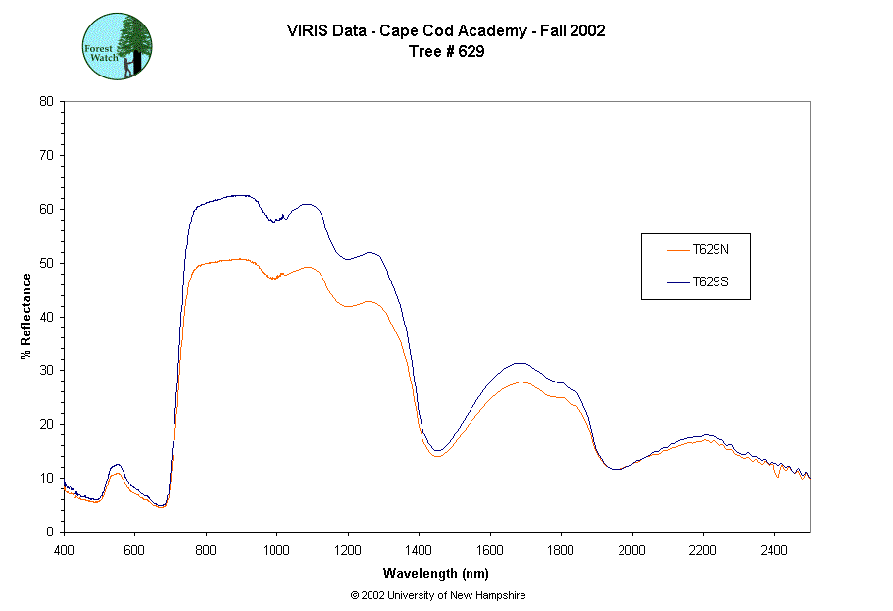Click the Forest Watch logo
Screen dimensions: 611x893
coord(117,46)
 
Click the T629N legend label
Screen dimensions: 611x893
coord(711,249)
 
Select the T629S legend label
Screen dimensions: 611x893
coord(711,281)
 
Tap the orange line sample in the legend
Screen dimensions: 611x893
coord(677,249)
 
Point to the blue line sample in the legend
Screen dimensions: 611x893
coord(677,281)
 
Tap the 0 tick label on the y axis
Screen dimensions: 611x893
coord(50,532)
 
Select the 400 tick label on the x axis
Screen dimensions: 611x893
coord(64,550)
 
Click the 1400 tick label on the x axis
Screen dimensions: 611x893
coord(419,550)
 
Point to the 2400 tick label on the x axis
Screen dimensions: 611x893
coord(774,550)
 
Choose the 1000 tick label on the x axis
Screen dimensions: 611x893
coord(276,550)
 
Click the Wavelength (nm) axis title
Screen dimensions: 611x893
coord(437,574)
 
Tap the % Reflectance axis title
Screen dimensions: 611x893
coord(26,316)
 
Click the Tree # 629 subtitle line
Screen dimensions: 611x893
coord(446,52)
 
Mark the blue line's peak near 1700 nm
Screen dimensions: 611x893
coord(521,363)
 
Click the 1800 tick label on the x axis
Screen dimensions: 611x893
coord(561,550)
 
